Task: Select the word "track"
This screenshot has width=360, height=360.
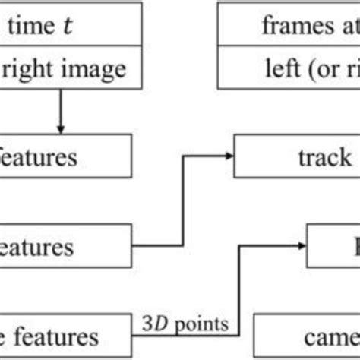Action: point(324,159)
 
